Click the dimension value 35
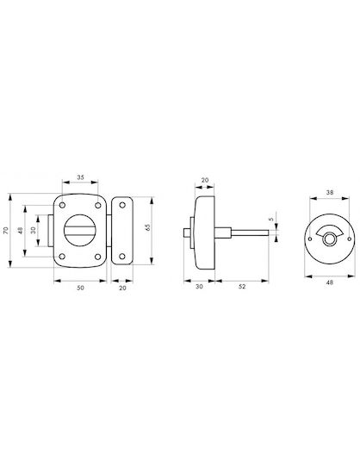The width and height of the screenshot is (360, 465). (80, 177)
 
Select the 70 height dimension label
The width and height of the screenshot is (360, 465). (6, 231)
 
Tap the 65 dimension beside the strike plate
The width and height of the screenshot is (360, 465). (148, 227)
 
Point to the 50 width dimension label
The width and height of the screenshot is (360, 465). (80, 288)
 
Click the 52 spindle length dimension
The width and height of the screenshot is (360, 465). (242, 287)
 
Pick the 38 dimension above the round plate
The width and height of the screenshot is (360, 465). (330, 192)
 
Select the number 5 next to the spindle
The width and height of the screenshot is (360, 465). (270, 220)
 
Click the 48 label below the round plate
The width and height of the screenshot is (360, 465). (330, 282)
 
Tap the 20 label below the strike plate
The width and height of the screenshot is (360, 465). (122, 288)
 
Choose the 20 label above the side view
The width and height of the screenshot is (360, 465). (205, 180)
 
